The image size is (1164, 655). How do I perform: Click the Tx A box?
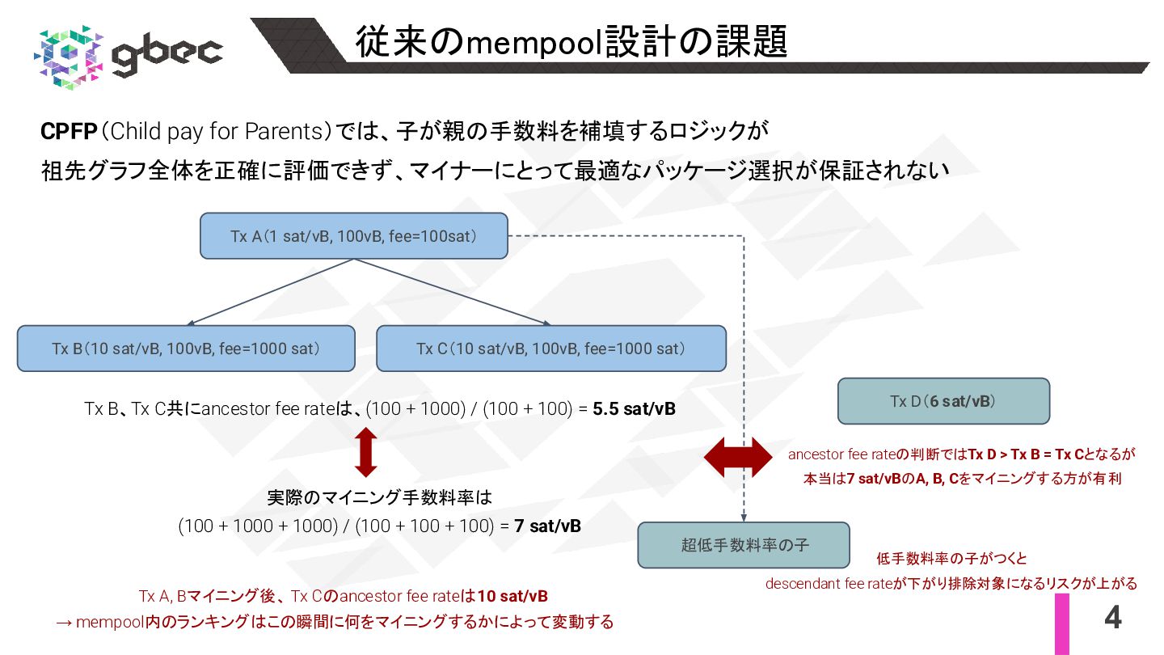tap(353, 236)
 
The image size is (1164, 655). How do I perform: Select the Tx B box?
tap(186, 349)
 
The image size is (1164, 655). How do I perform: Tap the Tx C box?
tap(550, 349)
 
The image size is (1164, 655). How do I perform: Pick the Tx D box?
tap(943, 401)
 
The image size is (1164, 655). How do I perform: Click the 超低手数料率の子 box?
tap(744, 545)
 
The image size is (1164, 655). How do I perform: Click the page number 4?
tap(1112, 619)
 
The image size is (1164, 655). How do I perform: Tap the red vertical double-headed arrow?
tap(366, 453)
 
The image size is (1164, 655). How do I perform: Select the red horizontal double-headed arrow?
tap(740, 458)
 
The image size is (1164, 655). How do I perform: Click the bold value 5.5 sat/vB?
tap(634, 409)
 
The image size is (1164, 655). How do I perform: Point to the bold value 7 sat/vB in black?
tap(547, 526)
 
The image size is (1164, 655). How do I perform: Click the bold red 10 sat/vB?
tap(512, 597)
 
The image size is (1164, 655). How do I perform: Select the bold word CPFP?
tap(69, 131)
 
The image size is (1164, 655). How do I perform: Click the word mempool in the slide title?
tap(536, 44)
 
